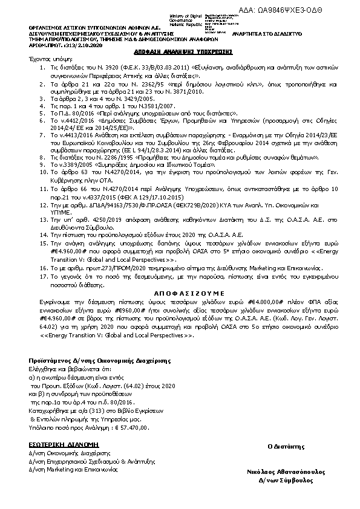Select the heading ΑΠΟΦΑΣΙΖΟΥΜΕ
(x=180, y=291)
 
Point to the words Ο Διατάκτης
(x=285, y=446)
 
